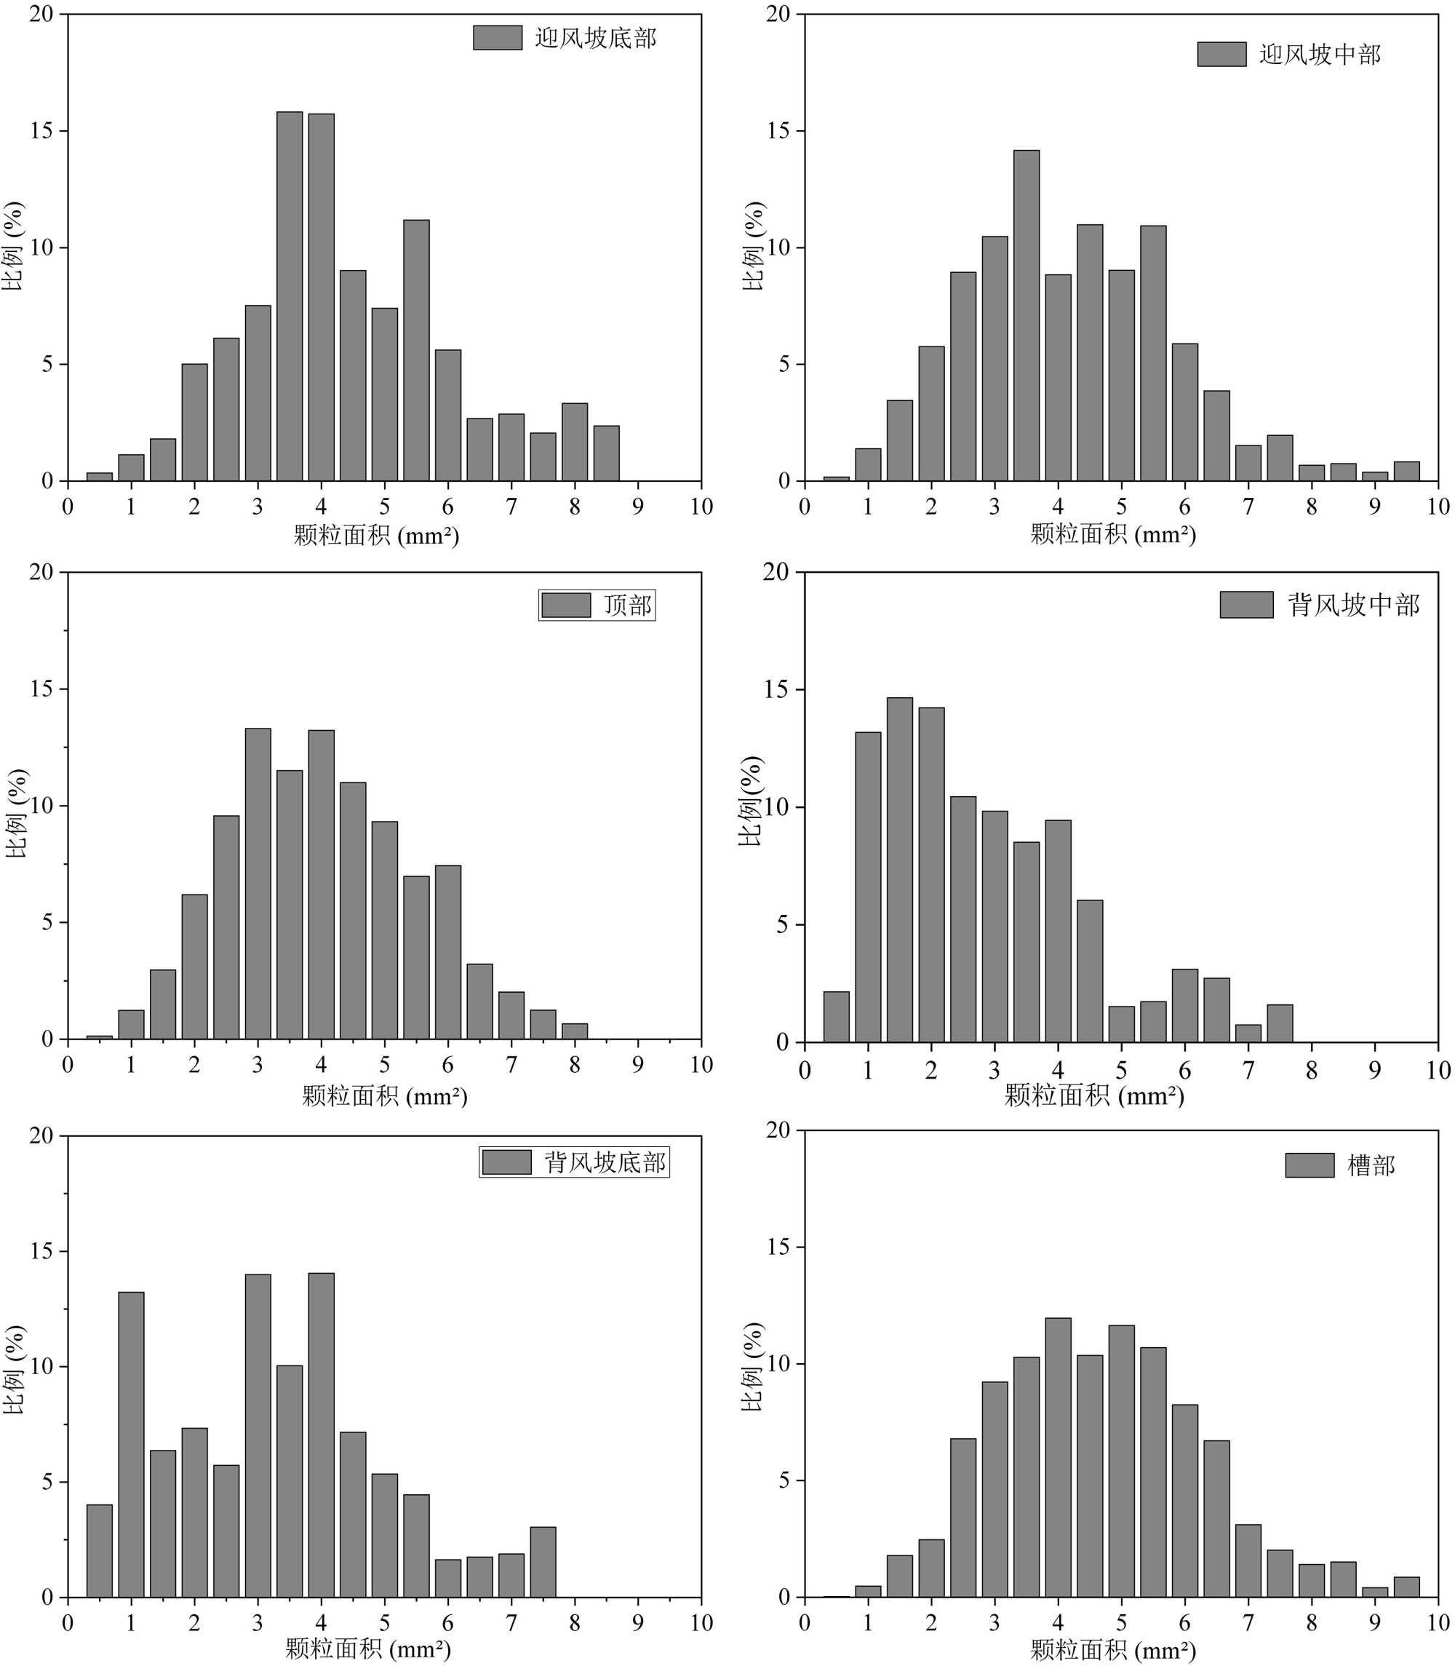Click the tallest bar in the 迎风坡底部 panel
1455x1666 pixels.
coord(289,296)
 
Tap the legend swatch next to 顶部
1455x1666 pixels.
coord(566,605)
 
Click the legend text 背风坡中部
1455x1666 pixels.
coord(1353,605)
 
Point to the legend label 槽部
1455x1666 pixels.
coord(1371,1166)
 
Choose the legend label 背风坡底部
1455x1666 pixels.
coord(605,1162)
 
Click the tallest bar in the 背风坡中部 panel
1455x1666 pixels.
coord(900,870)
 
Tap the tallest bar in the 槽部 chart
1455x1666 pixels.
coord(1058,1458)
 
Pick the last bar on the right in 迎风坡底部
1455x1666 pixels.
coord(607,453)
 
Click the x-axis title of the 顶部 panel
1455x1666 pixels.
coord(384,1097)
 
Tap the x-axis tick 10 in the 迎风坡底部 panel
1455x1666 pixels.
coord(701,507)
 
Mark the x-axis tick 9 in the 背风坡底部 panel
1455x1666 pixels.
coord(638,1623)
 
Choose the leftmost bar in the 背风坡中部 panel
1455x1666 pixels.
coord(837,1017)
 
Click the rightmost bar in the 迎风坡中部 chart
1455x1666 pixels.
coord(1407,471)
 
